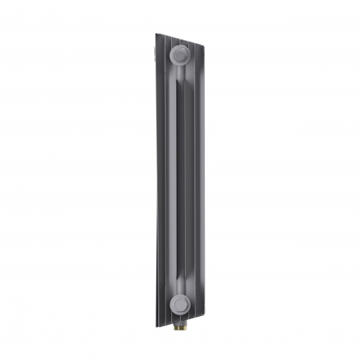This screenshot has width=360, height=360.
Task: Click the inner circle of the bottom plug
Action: point(181,303)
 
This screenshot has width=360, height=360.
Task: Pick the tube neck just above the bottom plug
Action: point(180,285)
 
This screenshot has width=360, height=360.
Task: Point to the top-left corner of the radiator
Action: point(156,33)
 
